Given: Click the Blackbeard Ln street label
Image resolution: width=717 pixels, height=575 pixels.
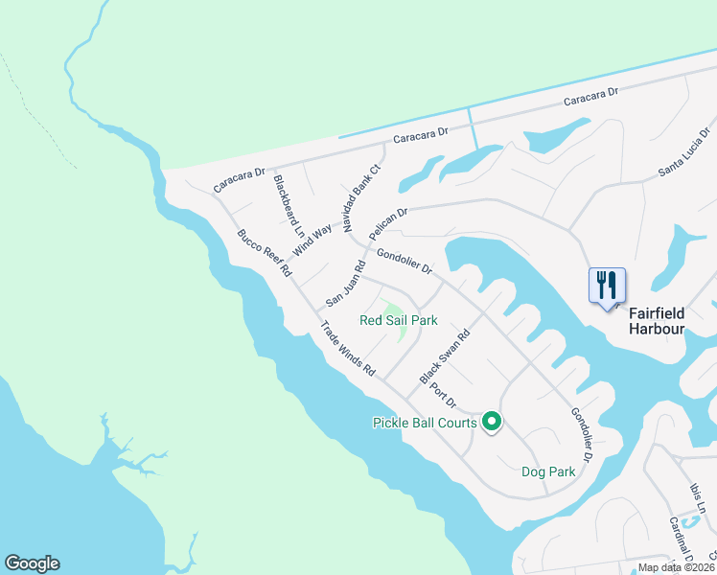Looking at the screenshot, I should [288, 206].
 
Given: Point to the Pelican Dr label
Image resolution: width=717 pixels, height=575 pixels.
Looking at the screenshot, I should [389, 223].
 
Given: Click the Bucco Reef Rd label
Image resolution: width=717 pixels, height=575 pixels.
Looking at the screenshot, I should [264, 253].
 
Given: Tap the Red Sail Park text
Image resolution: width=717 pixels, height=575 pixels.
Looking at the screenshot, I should [398, 320].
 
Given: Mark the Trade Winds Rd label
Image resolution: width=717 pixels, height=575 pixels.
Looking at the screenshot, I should [347, 347].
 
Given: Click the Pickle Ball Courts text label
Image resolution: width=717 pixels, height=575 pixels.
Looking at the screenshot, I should [424, 423].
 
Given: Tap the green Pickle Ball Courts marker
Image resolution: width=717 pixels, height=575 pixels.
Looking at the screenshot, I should [492, 421].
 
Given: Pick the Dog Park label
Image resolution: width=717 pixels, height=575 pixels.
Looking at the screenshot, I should [548, 471].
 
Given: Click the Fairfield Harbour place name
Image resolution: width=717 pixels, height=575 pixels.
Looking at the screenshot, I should [657, 321].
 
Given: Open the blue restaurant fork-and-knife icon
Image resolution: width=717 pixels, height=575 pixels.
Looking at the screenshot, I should [607, 285].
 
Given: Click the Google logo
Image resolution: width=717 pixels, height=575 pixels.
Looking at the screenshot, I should [32, 563].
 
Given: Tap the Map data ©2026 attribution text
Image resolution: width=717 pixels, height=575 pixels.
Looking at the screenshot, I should [676, 567].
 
